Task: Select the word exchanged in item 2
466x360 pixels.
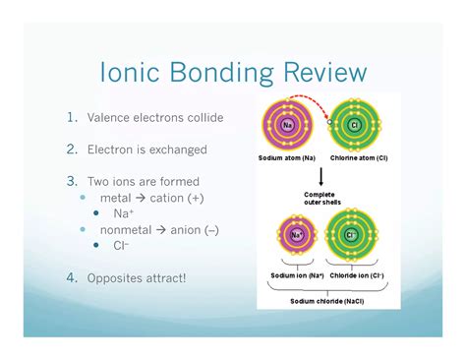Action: pyautogui.click(x=175, y=150)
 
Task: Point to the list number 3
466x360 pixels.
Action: pyautogui.click(x=72, y=181)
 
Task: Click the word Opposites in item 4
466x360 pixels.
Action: pyautogui.click(x=114, y=277)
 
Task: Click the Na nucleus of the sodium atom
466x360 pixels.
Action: pyautogui.click(x=288, y=125)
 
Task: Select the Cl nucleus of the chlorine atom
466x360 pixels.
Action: pyautogui.click(x=354, y=125)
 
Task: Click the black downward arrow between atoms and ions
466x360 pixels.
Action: pyautogui.click(x=321, y=176)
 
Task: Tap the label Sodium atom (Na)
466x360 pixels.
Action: pyautogui.click(x=286, y=157)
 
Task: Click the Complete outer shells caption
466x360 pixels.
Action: pyautogui.click(x=321, y=198)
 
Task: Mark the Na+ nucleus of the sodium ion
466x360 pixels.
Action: pyautogui.click(x=296, y=235)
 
